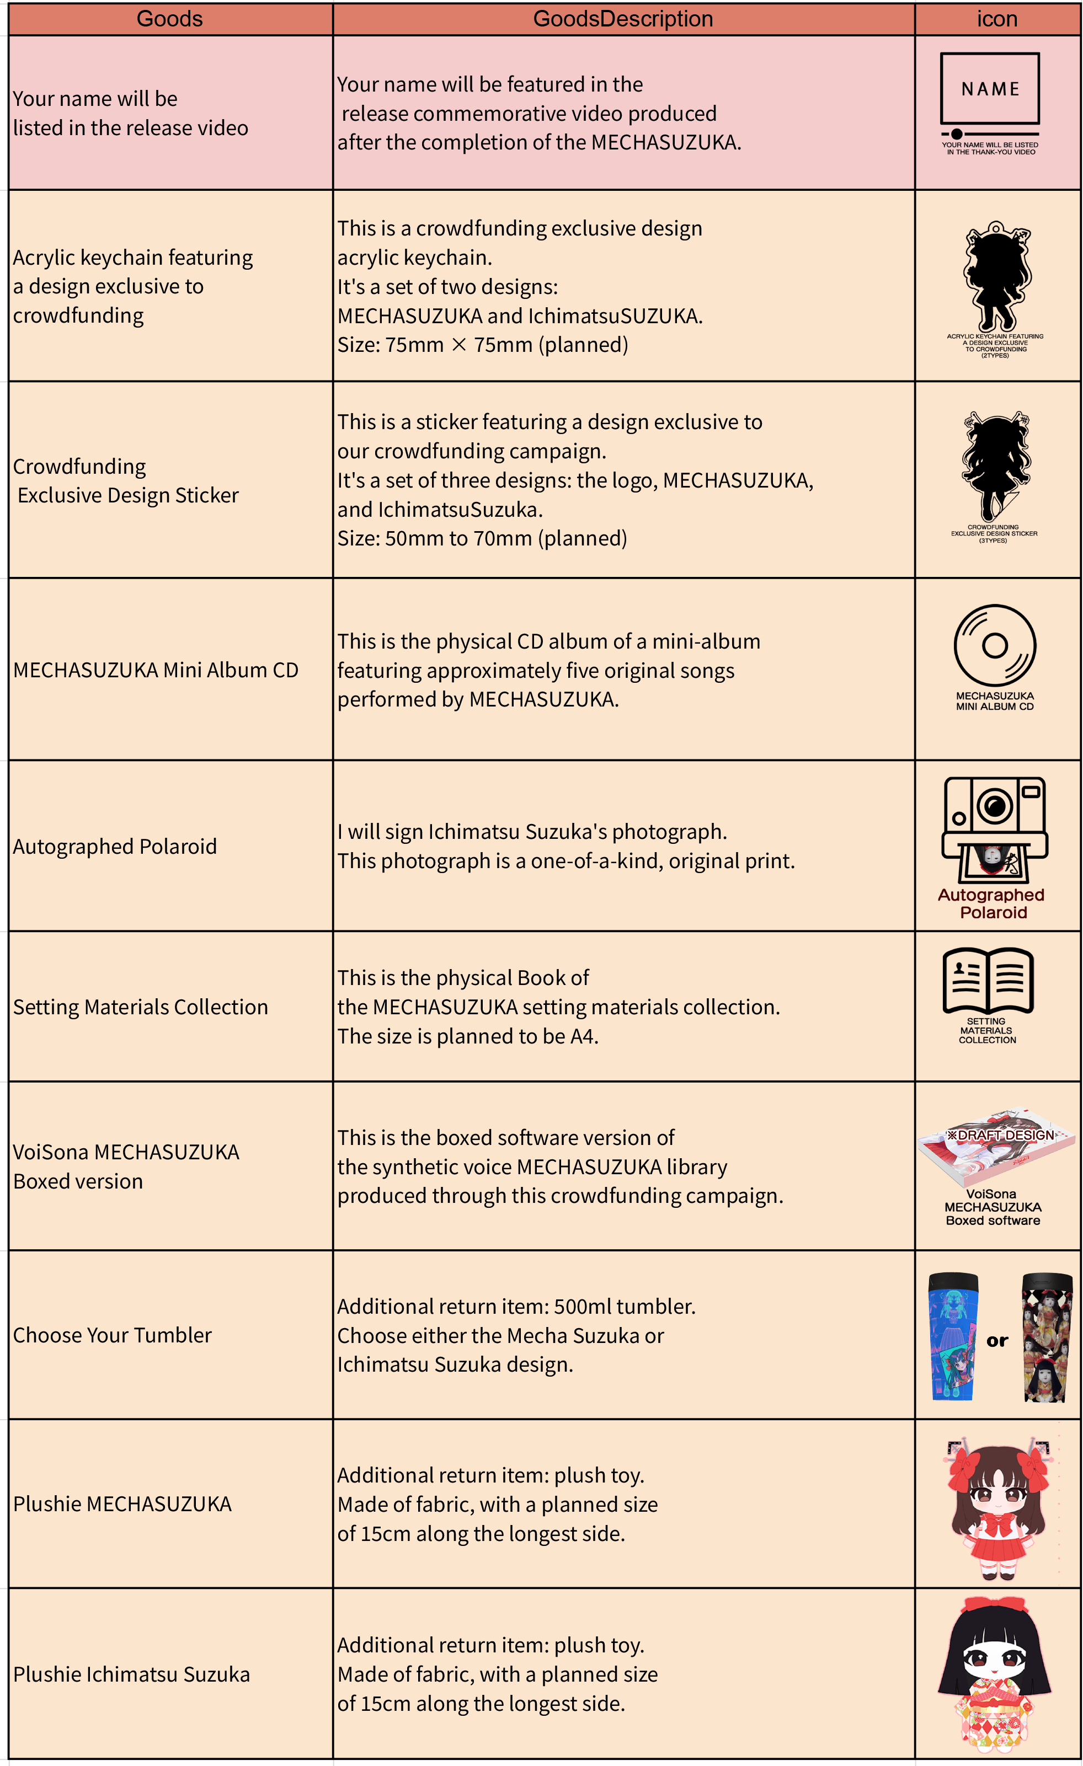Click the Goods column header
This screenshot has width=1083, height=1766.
pos(170,19)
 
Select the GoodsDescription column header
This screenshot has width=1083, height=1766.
pos(623,19)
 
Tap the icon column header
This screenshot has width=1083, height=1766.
pos(996,19)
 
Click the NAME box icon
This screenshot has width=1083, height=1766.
pos(990,88)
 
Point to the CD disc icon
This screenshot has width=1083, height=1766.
pos(995,645)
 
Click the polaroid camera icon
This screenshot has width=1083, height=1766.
pos(995,830)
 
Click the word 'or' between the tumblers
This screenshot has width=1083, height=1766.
pos(997,1340)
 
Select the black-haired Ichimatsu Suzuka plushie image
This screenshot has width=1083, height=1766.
pos(995,1672)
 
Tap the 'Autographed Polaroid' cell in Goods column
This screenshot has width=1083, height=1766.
pos(115,847)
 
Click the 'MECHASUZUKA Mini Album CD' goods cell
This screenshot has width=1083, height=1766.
pos(156,670)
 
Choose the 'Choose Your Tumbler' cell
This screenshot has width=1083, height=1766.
pos(113,1335)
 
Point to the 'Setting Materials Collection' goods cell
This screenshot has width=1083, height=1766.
pos(141,1007)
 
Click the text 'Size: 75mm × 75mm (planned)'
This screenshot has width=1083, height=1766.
pos(482,345)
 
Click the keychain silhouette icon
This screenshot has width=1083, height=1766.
pos(996,276)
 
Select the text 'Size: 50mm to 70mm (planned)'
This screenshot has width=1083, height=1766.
pos(482,538)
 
